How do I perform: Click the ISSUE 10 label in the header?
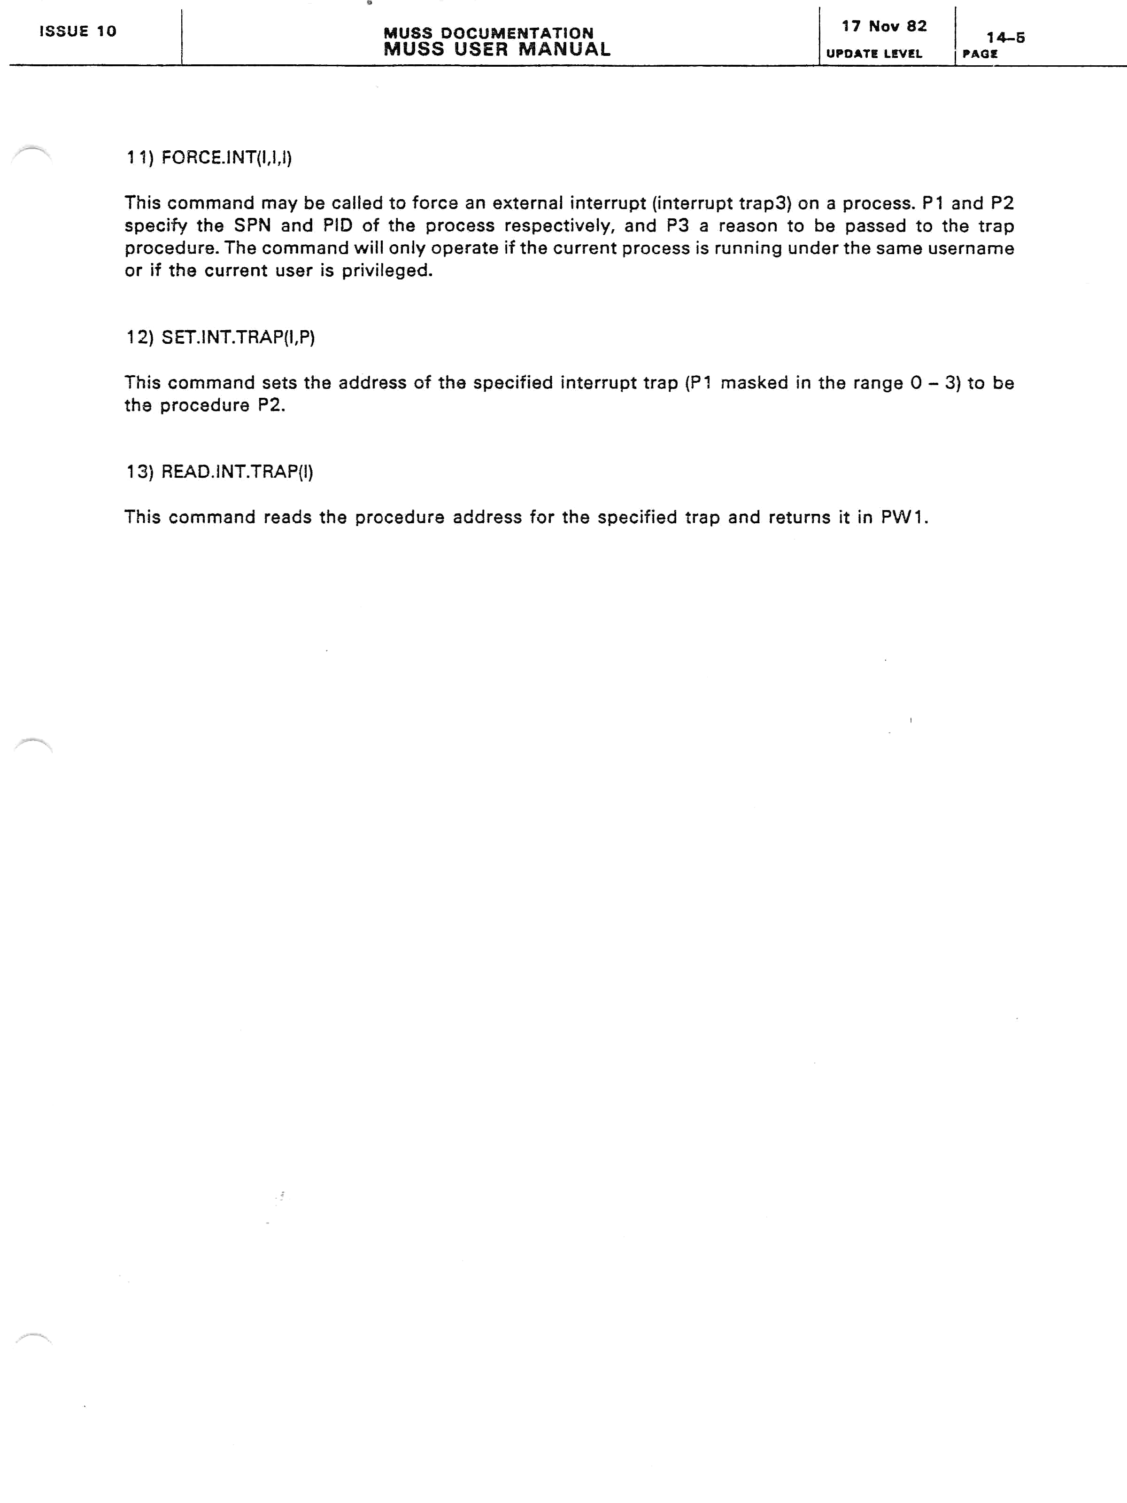point(77,31)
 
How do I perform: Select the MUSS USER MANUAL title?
point(497,50)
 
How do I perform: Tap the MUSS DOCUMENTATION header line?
point(488,32)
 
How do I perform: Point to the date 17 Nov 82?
point(884,26)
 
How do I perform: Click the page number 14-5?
point(1005,38)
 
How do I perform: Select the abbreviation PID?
point(338,226)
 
